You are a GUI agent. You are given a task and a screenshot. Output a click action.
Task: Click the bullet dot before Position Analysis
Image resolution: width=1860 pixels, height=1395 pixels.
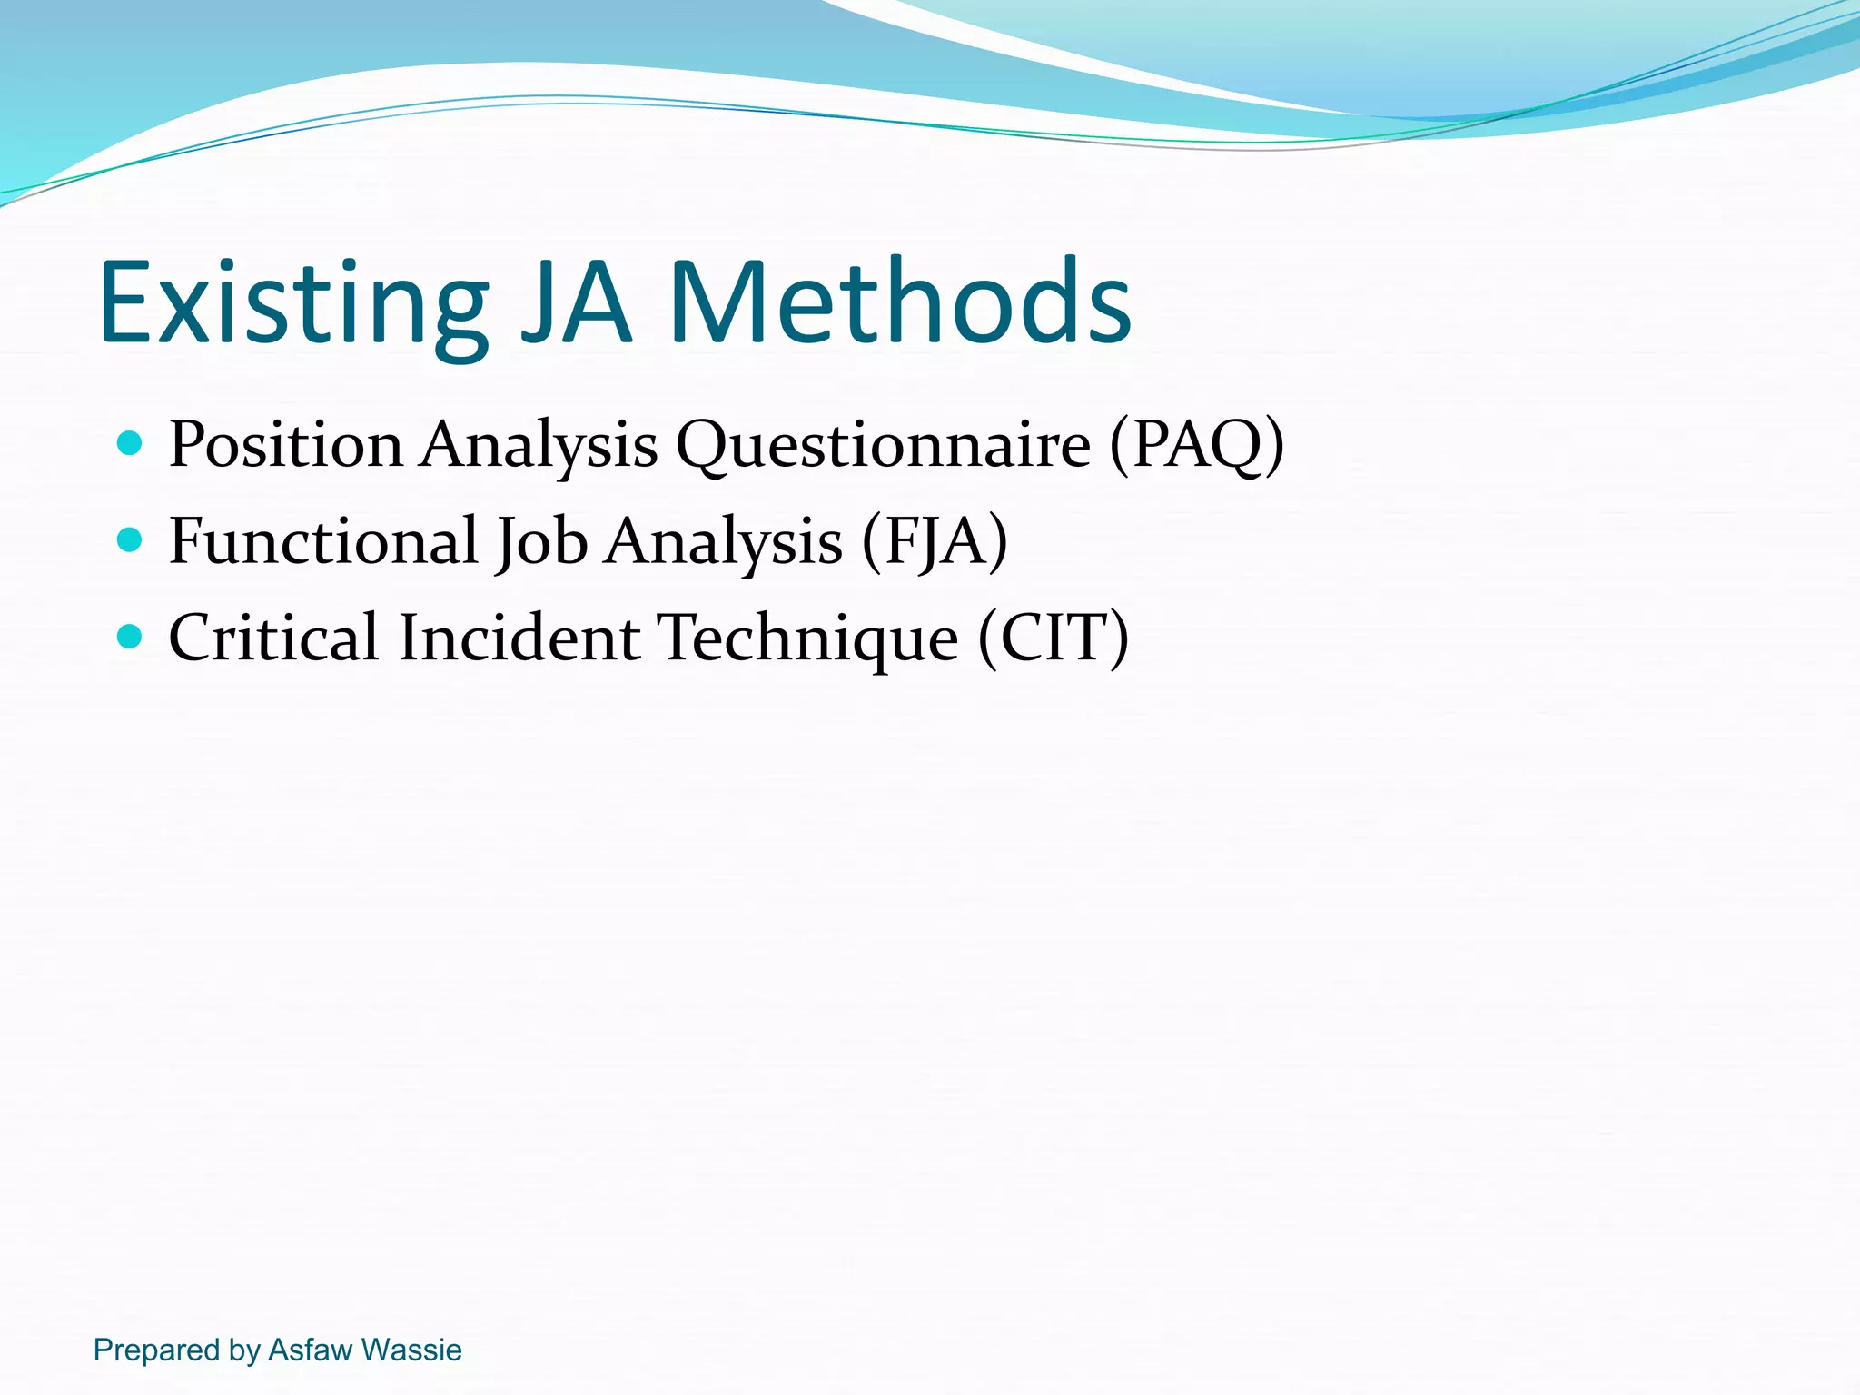click(x=131, y=443)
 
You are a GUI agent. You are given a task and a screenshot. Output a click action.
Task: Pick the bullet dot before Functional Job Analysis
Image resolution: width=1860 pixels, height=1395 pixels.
click(x=131, y=540)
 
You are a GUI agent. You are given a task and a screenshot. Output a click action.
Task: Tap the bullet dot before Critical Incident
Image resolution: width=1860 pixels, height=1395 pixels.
click(x=131, y=637)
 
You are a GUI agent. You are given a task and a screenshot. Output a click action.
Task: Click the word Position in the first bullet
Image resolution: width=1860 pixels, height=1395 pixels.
click(x=285, y=445)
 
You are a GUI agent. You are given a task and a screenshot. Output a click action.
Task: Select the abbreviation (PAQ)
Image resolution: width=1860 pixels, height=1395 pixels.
click(x=1196, y=445)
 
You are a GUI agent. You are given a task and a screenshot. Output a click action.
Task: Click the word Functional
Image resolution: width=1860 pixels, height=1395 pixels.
click(x=323, y=541)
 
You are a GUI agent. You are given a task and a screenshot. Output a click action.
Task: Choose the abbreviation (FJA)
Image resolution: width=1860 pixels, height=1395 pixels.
click(x=935, y=542)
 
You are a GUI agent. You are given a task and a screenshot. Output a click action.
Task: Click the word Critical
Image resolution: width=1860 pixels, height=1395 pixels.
click(x=273, y=638)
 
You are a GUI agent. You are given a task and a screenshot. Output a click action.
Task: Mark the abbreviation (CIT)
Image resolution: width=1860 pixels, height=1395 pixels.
click(x=1054, y=638)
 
